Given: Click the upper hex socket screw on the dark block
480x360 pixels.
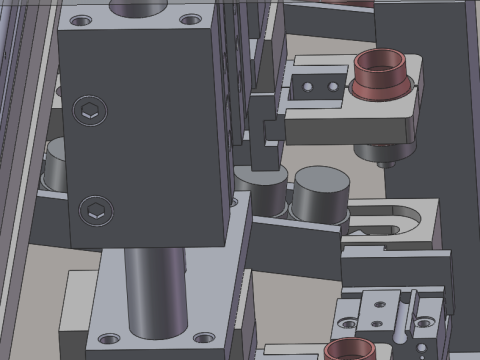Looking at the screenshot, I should (x=88, y=111).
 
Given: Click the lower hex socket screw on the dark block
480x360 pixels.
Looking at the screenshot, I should (x=97, y=210).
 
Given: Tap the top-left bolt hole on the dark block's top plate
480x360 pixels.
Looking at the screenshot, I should (x=81, y=19).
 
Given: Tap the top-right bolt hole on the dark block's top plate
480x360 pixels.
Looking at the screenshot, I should (x=190, y=18).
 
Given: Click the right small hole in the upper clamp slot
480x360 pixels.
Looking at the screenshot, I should (x=333, y=87).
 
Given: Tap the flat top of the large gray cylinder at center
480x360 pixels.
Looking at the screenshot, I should (x=319, y=185).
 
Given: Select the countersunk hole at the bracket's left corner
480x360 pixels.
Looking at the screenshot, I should (x=348, y=323).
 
